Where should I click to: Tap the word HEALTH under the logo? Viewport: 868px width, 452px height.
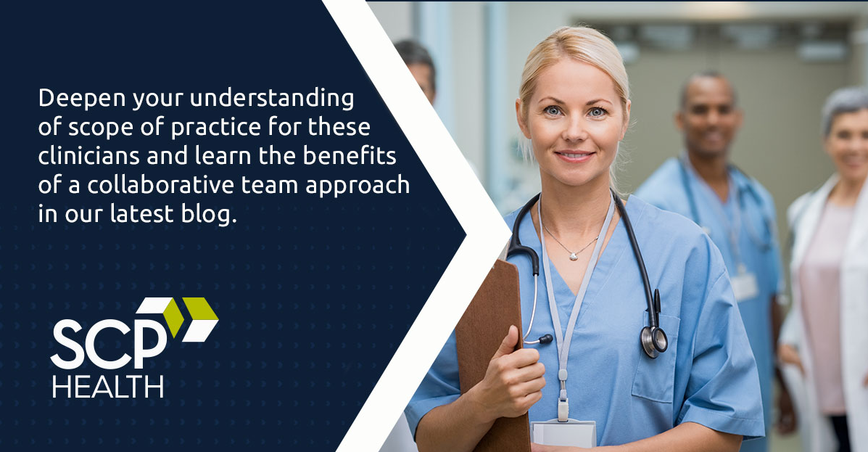(108, 387)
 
